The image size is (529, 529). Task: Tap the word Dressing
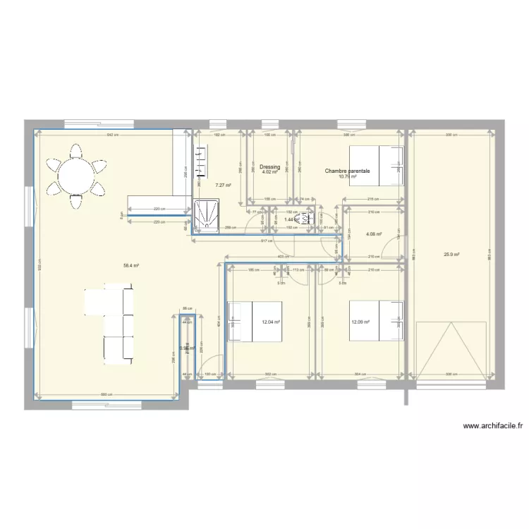[269, 167]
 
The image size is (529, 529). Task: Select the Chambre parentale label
[347, 170]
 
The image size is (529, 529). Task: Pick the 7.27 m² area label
[221, 186]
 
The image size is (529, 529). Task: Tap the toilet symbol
[306, 219]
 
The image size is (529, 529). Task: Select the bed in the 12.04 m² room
[254, 321]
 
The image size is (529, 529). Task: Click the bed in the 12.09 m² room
[376, 321]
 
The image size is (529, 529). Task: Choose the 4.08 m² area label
[374, 234]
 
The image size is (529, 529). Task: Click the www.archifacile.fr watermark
[494, 426]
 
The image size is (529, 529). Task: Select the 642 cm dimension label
[111, 135]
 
